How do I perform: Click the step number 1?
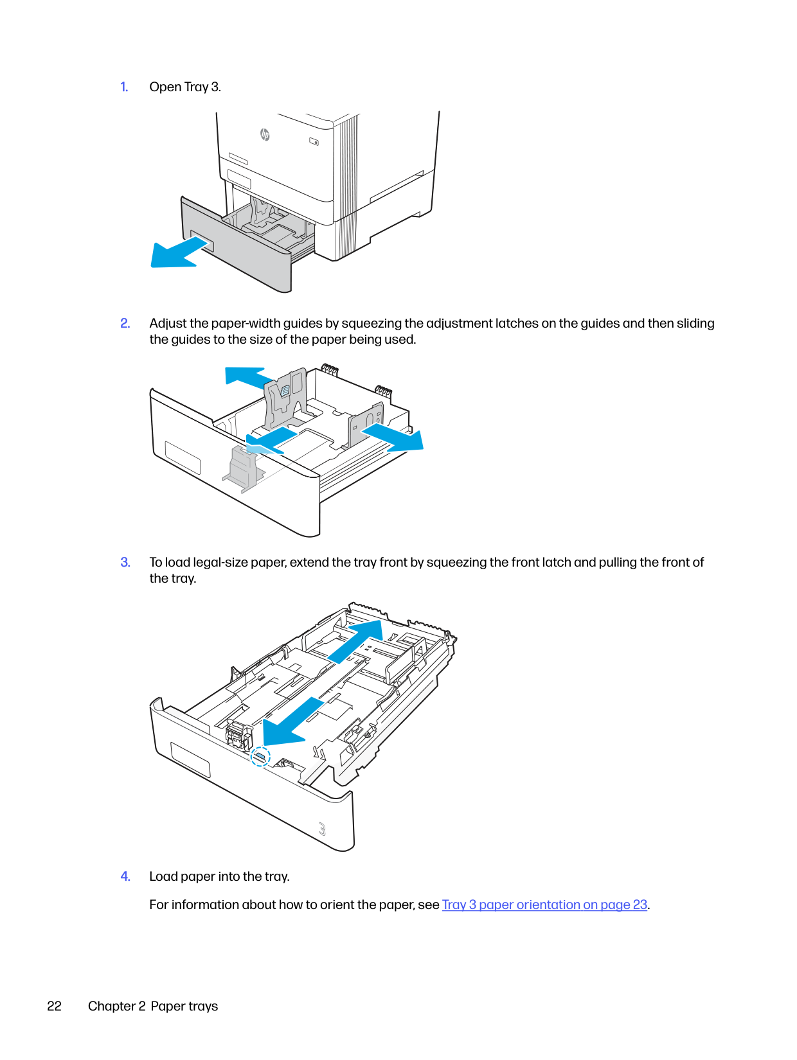[x=124, y=87]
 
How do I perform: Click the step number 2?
[x=125, y=323]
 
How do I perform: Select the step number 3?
[x=125, y=562]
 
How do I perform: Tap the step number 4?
[x=125, y=876]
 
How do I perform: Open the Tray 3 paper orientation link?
[x=544, y=905]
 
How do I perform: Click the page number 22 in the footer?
[x=54, y=1006]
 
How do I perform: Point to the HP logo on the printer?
[x=264, y=134]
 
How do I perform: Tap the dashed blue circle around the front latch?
[x=260, y=757]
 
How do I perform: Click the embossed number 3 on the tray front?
[x=322, y=829]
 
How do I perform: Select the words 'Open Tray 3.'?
[x=185, y=87]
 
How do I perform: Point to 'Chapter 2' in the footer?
[x=116, y=1006]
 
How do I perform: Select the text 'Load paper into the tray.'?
[x=219, y=876]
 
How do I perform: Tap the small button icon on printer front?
[x=314, y=141]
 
